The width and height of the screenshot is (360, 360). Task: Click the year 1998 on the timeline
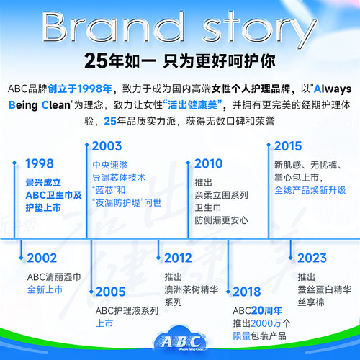[40, 163]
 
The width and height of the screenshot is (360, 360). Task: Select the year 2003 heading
[107, 146]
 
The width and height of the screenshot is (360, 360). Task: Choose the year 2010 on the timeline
[210, 163]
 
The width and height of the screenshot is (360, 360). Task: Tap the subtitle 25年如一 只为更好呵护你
[179, 60]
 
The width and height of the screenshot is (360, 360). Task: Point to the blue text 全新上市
[46, 289]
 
